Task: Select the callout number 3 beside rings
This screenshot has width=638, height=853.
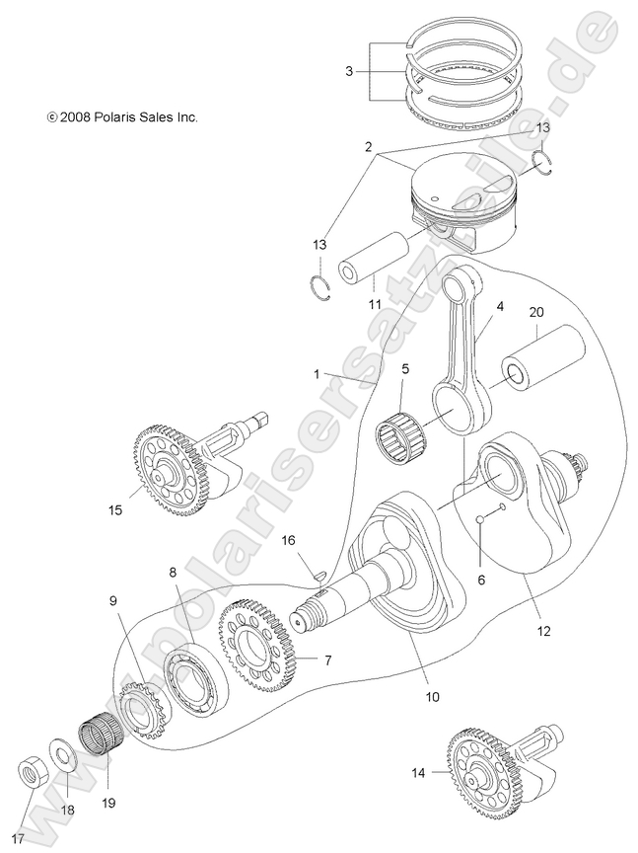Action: [349, 71]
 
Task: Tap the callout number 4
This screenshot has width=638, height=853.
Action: [500, 307]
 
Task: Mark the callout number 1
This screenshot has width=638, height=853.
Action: [316, 374]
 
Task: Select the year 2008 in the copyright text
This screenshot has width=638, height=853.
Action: [76, 116]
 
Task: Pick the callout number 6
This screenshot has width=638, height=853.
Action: [481, 581]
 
